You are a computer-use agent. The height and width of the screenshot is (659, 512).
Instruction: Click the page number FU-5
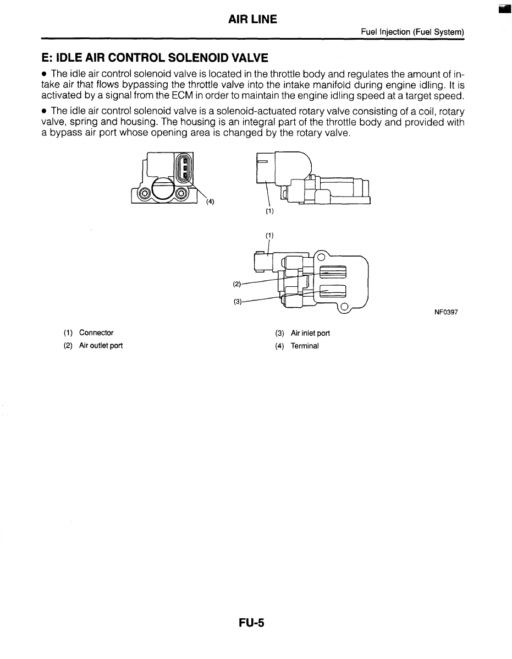point(252,623)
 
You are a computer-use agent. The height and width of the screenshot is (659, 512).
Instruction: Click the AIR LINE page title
point(252,20)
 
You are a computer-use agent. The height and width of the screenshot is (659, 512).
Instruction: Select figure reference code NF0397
point(446,312)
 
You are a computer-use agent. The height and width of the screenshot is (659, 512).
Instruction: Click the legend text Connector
point(96,333)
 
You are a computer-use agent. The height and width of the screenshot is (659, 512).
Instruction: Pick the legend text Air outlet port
point(101,346)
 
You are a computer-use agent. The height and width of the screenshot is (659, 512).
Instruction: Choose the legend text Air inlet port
point(310,333)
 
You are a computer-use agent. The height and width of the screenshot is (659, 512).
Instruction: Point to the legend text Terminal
point(305,346)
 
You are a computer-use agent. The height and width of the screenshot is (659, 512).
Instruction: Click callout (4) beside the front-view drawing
point(210,201)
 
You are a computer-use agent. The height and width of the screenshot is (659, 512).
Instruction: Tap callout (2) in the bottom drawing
point(237,284)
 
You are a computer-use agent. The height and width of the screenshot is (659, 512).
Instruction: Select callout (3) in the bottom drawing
point(237,301)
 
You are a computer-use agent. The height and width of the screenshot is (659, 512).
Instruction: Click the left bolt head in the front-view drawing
point(145,193)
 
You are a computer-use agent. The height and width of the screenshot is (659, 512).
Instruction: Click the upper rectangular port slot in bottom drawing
point(333,272)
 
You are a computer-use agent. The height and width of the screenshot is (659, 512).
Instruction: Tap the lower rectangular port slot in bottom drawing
point(333,291)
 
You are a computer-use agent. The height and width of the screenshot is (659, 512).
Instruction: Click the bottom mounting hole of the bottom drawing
point(344,307)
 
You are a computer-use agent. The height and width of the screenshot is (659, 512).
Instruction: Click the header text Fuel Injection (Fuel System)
point(412,32)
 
